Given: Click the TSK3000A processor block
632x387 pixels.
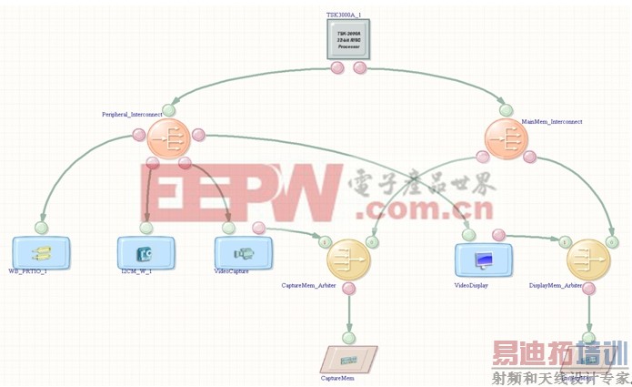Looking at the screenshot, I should pyautogui.click(x=349, y=39).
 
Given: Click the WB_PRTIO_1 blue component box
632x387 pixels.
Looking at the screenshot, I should pyautogui.click(x=41, y=252).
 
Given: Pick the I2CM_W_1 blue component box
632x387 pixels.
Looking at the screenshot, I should pyautogui.click(x=144, y=252).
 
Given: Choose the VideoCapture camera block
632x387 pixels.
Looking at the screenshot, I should pyautogui.click(x=243, y=252).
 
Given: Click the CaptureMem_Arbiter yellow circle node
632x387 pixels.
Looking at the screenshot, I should pyautogui.click(x=349, y=260).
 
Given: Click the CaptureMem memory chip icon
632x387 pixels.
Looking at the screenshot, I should pyautogui.click(x=350, y=358).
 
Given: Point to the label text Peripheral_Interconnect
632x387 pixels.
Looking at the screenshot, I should pyautogui.click(x=128, y=115).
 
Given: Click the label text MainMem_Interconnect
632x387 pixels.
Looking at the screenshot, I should pyautogui.click(x=551, y=121).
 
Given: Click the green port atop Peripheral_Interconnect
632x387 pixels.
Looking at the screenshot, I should pyautogui.click(x=169, y=111).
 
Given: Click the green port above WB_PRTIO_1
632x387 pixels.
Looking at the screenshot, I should pyautogui.click(x=41, y=227).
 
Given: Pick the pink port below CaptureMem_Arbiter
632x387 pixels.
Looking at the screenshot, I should pyautogui.click(x=349, y=289).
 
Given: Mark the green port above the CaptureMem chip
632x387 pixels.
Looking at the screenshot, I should pyautogui.click(x=350, y=332).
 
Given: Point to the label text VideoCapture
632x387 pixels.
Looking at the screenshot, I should pyautogui.click(x=230, y=271).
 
